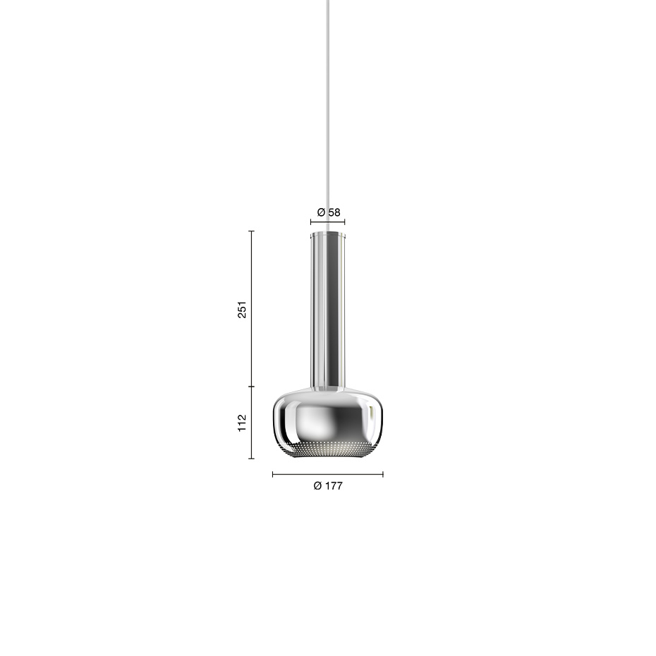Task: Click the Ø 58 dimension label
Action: coord(328,212)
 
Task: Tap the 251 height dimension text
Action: coord(242,309)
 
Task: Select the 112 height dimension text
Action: coord(242,423)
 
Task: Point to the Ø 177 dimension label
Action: coord(328,485)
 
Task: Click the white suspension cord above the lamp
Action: coord(328,106)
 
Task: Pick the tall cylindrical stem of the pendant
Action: coord(328,310)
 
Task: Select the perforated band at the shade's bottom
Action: coord(328,449)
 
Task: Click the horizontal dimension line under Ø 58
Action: coord(328,221)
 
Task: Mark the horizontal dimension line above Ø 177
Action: coord(328,474)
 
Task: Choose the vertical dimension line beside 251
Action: coord(252,310)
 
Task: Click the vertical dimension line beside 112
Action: coord(252,423)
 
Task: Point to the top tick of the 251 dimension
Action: coord(252,231)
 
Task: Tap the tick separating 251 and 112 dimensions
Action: coord(252,387)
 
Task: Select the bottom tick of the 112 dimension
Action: coord(252,458)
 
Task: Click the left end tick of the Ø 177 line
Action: coord(273,474)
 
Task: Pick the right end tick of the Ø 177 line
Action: coord(383,474)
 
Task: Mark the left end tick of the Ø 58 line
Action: coord(310,221)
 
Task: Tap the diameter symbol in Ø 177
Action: coord(318,485)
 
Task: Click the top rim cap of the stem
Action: coord(328,232)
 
